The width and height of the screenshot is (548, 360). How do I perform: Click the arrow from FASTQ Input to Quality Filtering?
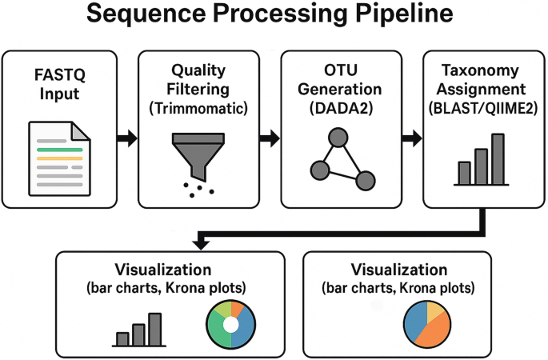126,139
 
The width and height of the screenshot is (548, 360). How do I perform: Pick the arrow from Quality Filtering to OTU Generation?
270,139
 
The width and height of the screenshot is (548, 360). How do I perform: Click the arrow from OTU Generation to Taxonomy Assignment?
411,139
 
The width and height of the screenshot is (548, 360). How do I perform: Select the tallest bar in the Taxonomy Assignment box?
498,159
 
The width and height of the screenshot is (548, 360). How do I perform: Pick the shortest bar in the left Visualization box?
122,338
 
